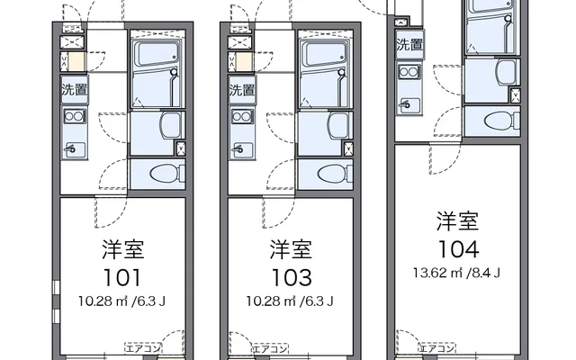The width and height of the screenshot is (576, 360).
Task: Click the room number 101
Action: [122, 278]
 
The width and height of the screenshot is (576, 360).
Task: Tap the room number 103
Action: [292, 278]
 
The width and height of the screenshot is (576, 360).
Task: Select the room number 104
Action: [459, 249]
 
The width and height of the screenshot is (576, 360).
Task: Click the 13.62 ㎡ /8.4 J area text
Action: [456, 273]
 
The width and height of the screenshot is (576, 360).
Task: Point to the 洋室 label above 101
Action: [123, 249]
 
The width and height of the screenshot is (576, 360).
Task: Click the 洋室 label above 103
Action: [291, 249]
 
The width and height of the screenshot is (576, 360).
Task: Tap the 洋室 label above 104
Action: [458, 220]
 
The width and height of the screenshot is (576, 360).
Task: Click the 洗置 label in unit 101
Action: [74, 90]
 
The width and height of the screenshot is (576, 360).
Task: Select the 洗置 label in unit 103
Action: [242, 90]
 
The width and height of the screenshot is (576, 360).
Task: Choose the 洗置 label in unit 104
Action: [409, 45]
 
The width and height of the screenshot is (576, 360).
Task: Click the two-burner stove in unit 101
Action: [75, 116]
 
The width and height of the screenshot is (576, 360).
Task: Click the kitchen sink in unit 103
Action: [242, 150]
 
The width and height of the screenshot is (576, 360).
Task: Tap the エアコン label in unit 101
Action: [143, 348]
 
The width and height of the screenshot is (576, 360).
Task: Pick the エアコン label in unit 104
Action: [437, 348]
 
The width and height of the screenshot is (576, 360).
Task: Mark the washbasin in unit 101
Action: [171, 125]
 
